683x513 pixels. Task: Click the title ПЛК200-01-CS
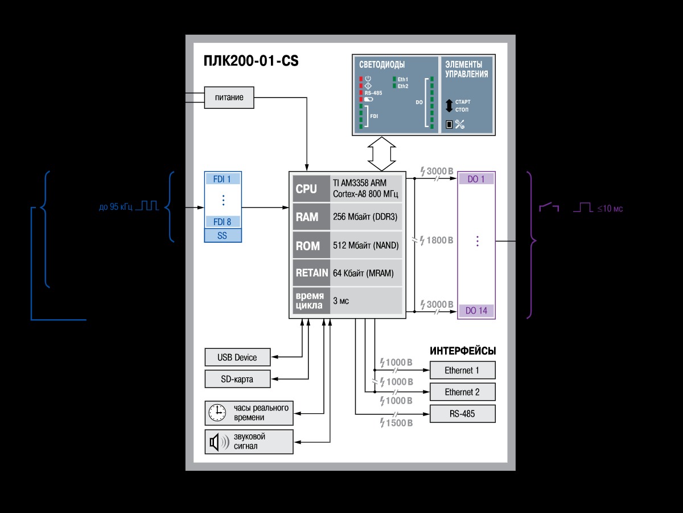click(x=251, y=61)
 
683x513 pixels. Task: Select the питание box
click(x=229, y=97)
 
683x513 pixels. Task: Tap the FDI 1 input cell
click(x=222, y=179)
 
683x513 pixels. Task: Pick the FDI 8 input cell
click(x=222, y=222)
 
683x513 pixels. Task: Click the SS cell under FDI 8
click(x=222, y=235)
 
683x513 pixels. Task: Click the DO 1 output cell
click(x=476, y=179)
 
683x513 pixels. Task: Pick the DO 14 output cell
click(x=476, y=311)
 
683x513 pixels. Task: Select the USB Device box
click(x=237, y=357)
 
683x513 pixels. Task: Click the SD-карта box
click(x=237, y=379)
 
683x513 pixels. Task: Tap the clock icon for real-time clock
click(x=216, y=413)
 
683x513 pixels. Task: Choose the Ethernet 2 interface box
click(x=462, y=392)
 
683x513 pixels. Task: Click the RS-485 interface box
click(x=462, y=414)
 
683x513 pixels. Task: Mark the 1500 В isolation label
click(x=396, y=423)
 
